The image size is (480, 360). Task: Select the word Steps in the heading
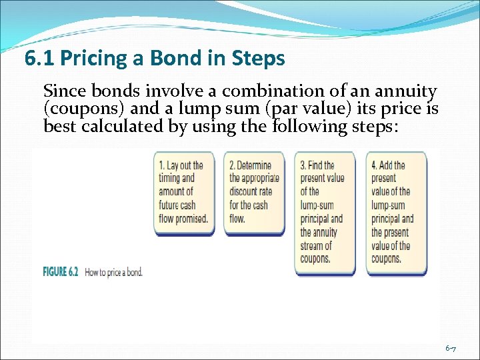pos(260,59)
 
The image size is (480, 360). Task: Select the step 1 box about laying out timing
pos(184,193)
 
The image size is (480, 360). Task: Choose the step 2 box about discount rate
pos(254,193)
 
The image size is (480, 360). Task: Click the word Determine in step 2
pos(259,165)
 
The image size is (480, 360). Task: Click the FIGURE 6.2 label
pos(61,272)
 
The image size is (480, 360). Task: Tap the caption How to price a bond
pos(113,272)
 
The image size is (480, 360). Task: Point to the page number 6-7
pos(451,349)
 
